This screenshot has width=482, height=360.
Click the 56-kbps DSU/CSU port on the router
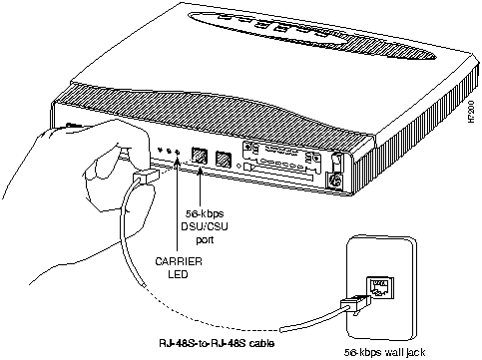(x=200, y=157)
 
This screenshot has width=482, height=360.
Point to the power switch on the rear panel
(x=337, y=161)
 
